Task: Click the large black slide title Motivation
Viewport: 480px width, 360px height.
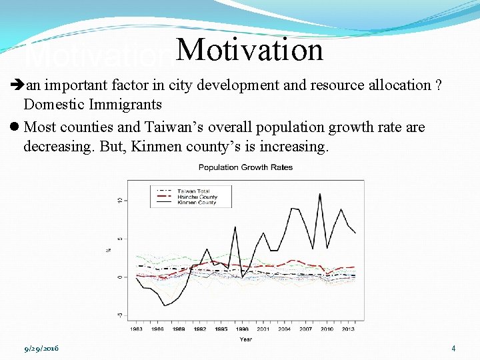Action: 250,50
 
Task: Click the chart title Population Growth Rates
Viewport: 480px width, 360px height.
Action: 245,167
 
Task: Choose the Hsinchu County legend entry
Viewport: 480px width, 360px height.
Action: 197,197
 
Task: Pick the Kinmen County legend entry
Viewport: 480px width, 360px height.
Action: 197,202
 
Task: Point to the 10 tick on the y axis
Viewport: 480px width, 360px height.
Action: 119,201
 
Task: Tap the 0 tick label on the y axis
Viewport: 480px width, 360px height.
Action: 119,277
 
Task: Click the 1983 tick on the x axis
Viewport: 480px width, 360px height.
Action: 136,329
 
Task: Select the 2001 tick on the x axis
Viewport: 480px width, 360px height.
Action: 263,329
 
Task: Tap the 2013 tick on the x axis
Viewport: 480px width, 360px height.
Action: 348,329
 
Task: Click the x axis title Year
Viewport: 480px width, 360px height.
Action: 245,339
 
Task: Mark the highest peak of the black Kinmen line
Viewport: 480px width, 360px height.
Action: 321,194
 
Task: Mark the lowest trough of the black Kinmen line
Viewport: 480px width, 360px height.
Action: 165,305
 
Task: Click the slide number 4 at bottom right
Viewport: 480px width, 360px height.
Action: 453,348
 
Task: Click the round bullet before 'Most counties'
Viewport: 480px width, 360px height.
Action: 15,127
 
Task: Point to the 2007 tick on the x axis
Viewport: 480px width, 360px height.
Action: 305,329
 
